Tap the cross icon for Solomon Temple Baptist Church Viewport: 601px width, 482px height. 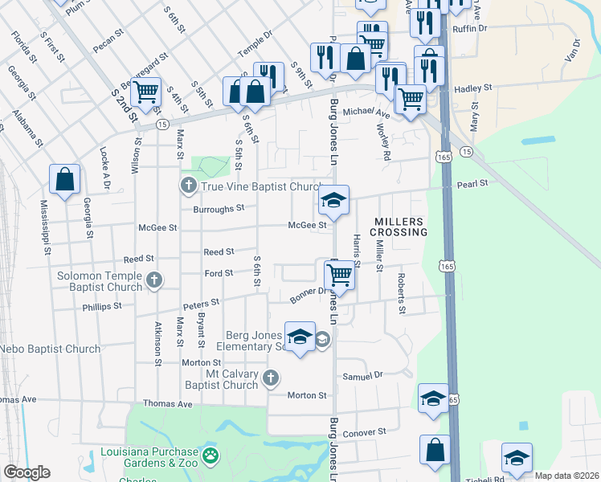tap(154, 281)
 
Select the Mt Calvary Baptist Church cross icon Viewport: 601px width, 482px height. tap(272, 378)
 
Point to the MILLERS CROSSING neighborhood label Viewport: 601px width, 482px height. tap(399, 227)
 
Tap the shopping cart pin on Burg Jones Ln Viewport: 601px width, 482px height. tap(341, 275)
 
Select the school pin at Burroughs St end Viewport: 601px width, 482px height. tap(333, 201)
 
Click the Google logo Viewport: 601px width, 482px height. tap(27, 472)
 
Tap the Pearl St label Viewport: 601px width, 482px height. tap(472, 184)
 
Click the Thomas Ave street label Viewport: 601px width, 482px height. tap(167, 403)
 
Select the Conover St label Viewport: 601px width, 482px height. tap(365, 433)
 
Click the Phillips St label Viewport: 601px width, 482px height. tap(101, 306)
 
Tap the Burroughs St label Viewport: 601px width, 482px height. tap(218, 209)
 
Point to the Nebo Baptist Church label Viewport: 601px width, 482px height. tap(51, 349)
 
